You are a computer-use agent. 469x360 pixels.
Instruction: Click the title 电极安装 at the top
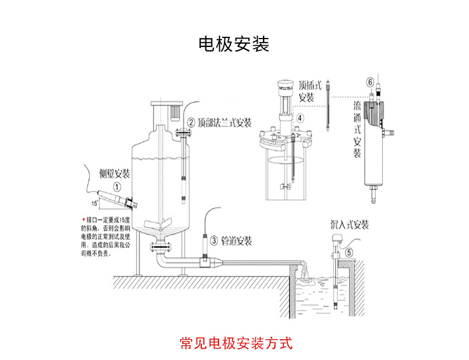pyautogui.click(x=234, y=44)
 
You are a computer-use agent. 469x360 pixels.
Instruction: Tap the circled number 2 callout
pyautogui.click(x=191, y=123)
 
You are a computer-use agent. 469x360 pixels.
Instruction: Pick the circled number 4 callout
pyautogui.click(x=300, y=118)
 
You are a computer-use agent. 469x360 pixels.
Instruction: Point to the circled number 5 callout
pyautogui.click(x=349, y=251)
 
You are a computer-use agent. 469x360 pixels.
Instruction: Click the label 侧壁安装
pyautogui.click(x=114, y=173)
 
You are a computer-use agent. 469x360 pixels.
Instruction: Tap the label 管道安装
pyautogui.click(x=237, y=241)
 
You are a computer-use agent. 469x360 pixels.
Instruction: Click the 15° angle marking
pyautogui.click(x=94, y=203)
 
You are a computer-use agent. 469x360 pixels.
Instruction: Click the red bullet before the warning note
pyautogui.click(x=83, y=218)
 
